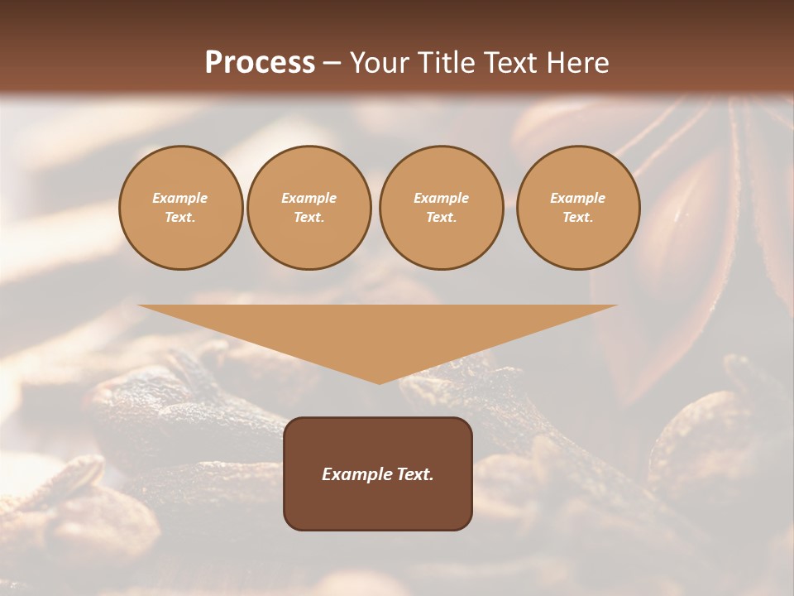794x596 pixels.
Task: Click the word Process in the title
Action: point(260,63)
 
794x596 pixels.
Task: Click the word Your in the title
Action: point(380,63)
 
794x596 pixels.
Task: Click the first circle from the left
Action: point(180,208)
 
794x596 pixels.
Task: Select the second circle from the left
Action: point(309,208)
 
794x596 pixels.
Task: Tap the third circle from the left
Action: point(441,208)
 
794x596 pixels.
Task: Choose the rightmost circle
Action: point(577,208)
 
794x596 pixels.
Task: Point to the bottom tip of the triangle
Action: point(379,382)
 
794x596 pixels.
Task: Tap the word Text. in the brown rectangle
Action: point(414,474)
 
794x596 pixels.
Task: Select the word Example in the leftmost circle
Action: point(180,198)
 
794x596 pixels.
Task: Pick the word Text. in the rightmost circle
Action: point(577,218)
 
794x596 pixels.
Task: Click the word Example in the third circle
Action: point(441,198)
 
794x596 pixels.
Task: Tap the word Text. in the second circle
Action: point(309,218)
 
